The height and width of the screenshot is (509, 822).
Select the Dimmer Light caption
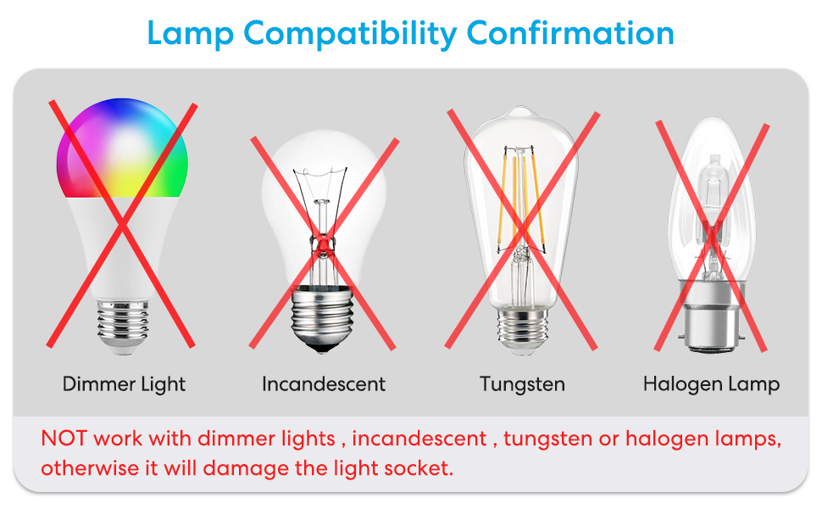[124, 384]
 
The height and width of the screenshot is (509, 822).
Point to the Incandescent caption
[324, 384]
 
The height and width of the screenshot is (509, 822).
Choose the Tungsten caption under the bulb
[522, 384]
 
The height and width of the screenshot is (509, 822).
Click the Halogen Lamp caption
[711, 384]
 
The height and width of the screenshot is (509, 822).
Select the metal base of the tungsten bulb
[521, 327]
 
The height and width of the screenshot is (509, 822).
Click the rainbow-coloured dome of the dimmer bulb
[123, 148]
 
